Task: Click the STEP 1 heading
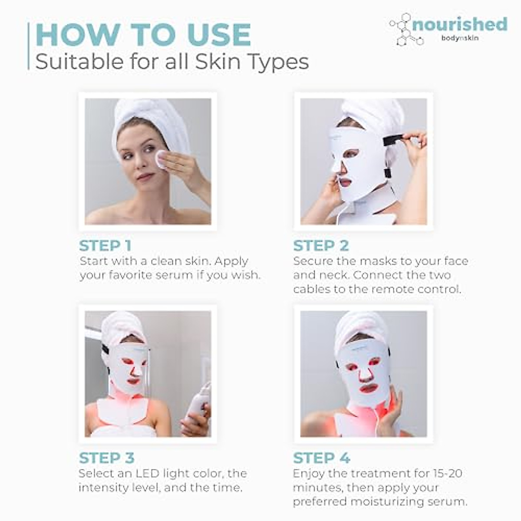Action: (105, 246)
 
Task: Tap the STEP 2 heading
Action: (321, 246)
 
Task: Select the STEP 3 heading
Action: (107, 458)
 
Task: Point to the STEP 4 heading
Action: (321, 458)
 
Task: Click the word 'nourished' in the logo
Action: (460, 24)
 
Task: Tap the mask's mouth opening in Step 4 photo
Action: (368, 388)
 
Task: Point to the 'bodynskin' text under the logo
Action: (460, 38)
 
